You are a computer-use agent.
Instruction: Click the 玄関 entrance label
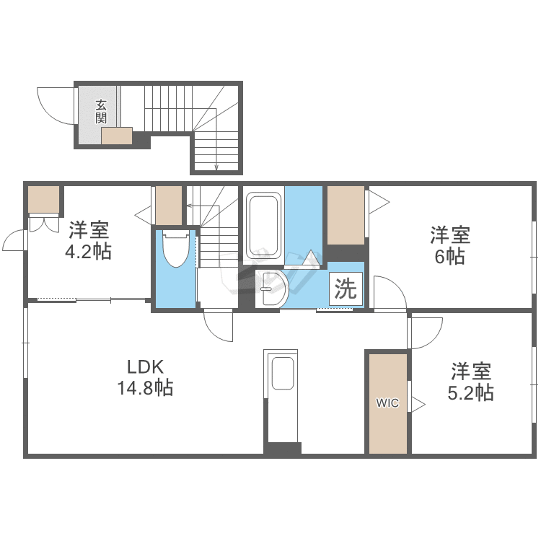click(x=101, y=111)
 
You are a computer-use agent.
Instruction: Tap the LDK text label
click(x=146, y=366)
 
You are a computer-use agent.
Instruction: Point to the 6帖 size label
click(x=450, y=256)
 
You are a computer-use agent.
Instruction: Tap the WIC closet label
click(x=387, y=403)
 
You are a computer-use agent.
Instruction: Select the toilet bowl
click(x=175, y=250)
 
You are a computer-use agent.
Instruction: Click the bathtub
click(x=263, y=224)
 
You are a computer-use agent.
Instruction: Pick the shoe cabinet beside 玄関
click(x=117, y=136)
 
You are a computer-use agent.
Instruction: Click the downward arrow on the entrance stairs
click(x=216, y=167)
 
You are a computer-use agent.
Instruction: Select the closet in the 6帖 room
click(x=346, y=215)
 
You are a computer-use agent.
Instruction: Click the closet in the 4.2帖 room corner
click(x=44, y=200)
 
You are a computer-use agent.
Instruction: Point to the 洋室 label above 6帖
click(x=450, y=234)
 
